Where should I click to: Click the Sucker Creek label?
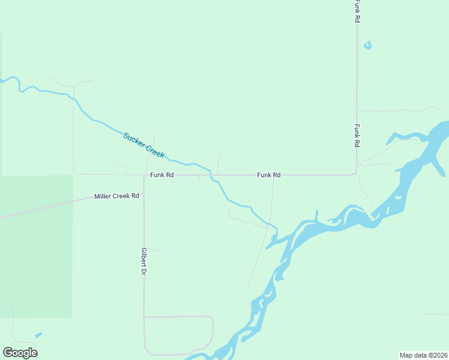click(x=144, y=145)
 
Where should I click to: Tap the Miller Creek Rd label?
click(x=116, y=196)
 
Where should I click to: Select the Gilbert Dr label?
click(x=144, y=262)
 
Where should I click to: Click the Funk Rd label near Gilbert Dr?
click(x=162, y=175)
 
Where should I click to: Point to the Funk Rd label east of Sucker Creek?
click(x=269, y=175)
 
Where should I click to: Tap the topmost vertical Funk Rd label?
click(x=357, y=11)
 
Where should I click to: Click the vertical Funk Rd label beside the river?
click(x=357, y=136)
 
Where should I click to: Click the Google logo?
click(x=20, y=353)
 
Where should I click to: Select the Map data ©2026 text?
click(x=423, y=355)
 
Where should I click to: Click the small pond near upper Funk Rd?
click(x=367, y=45)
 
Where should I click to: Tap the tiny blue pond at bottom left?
click(x=39, y=335)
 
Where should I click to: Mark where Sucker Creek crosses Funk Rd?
click(x=211, y=175)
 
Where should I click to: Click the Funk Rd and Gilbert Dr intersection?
click(x=145, y=175)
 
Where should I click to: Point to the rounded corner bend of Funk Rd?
click(x=355, y=173)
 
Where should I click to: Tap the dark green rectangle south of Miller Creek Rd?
click(x=36, y=252)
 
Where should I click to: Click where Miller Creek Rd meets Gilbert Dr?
click(x=144, y=194)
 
